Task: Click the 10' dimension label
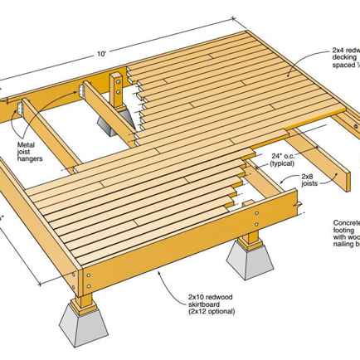pyautogui.click(x=100, y=53)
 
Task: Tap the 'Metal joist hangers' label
pyautogui.click(x=32, y=153)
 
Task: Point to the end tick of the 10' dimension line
pyautogui.click(x=231, y=18)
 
